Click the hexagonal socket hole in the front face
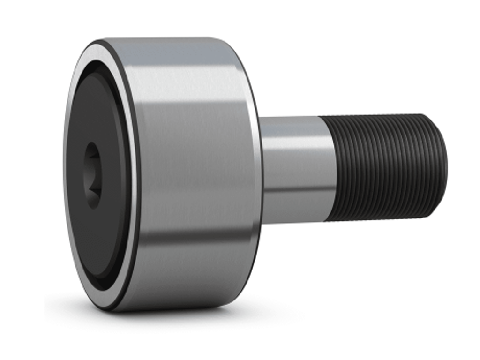click(x=92, y=175)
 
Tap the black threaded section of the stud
click(x=384, y=166)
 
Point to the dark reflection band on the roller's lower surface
click(x=197, y=239)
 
